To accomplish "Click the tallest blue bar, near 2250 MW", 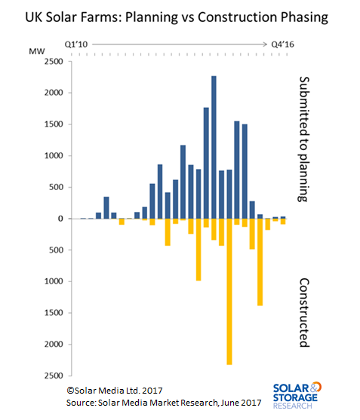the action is tap(214, 147).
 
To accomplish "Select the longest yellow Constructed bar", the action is tap(229, 292).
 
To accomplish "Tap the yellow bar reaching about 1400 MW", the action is tap(260, 262).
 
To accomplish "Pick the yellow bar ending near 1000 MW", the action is tap(198, 250).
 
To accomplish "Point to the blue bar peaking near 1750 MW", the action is tap(206, 163).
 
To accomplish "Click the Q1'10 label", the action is tap(76, 44).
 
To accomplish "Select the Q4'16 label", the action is tap(282, 44).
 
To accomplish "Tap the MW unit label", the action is tap(37, 51).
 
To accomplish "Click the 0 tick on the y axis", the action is tap(60, 219).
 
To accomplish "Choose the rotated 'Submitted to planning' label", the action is tap(304, 139).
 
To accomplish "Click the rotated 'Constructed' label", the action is tap(304, 313).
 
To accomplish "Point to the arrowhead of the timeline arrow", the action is tap(266, 44).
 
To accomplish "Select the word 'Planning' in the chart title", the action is tap(152, 18).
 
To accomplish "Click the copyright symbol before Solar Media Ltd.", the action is tap(70, 391).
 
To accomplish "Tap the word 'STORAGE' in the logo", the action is tap(295, 397).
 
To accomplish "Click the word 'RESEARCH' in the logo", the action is tap(292, 406).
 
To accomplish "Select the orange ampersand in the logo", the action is tap(316, 387).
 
